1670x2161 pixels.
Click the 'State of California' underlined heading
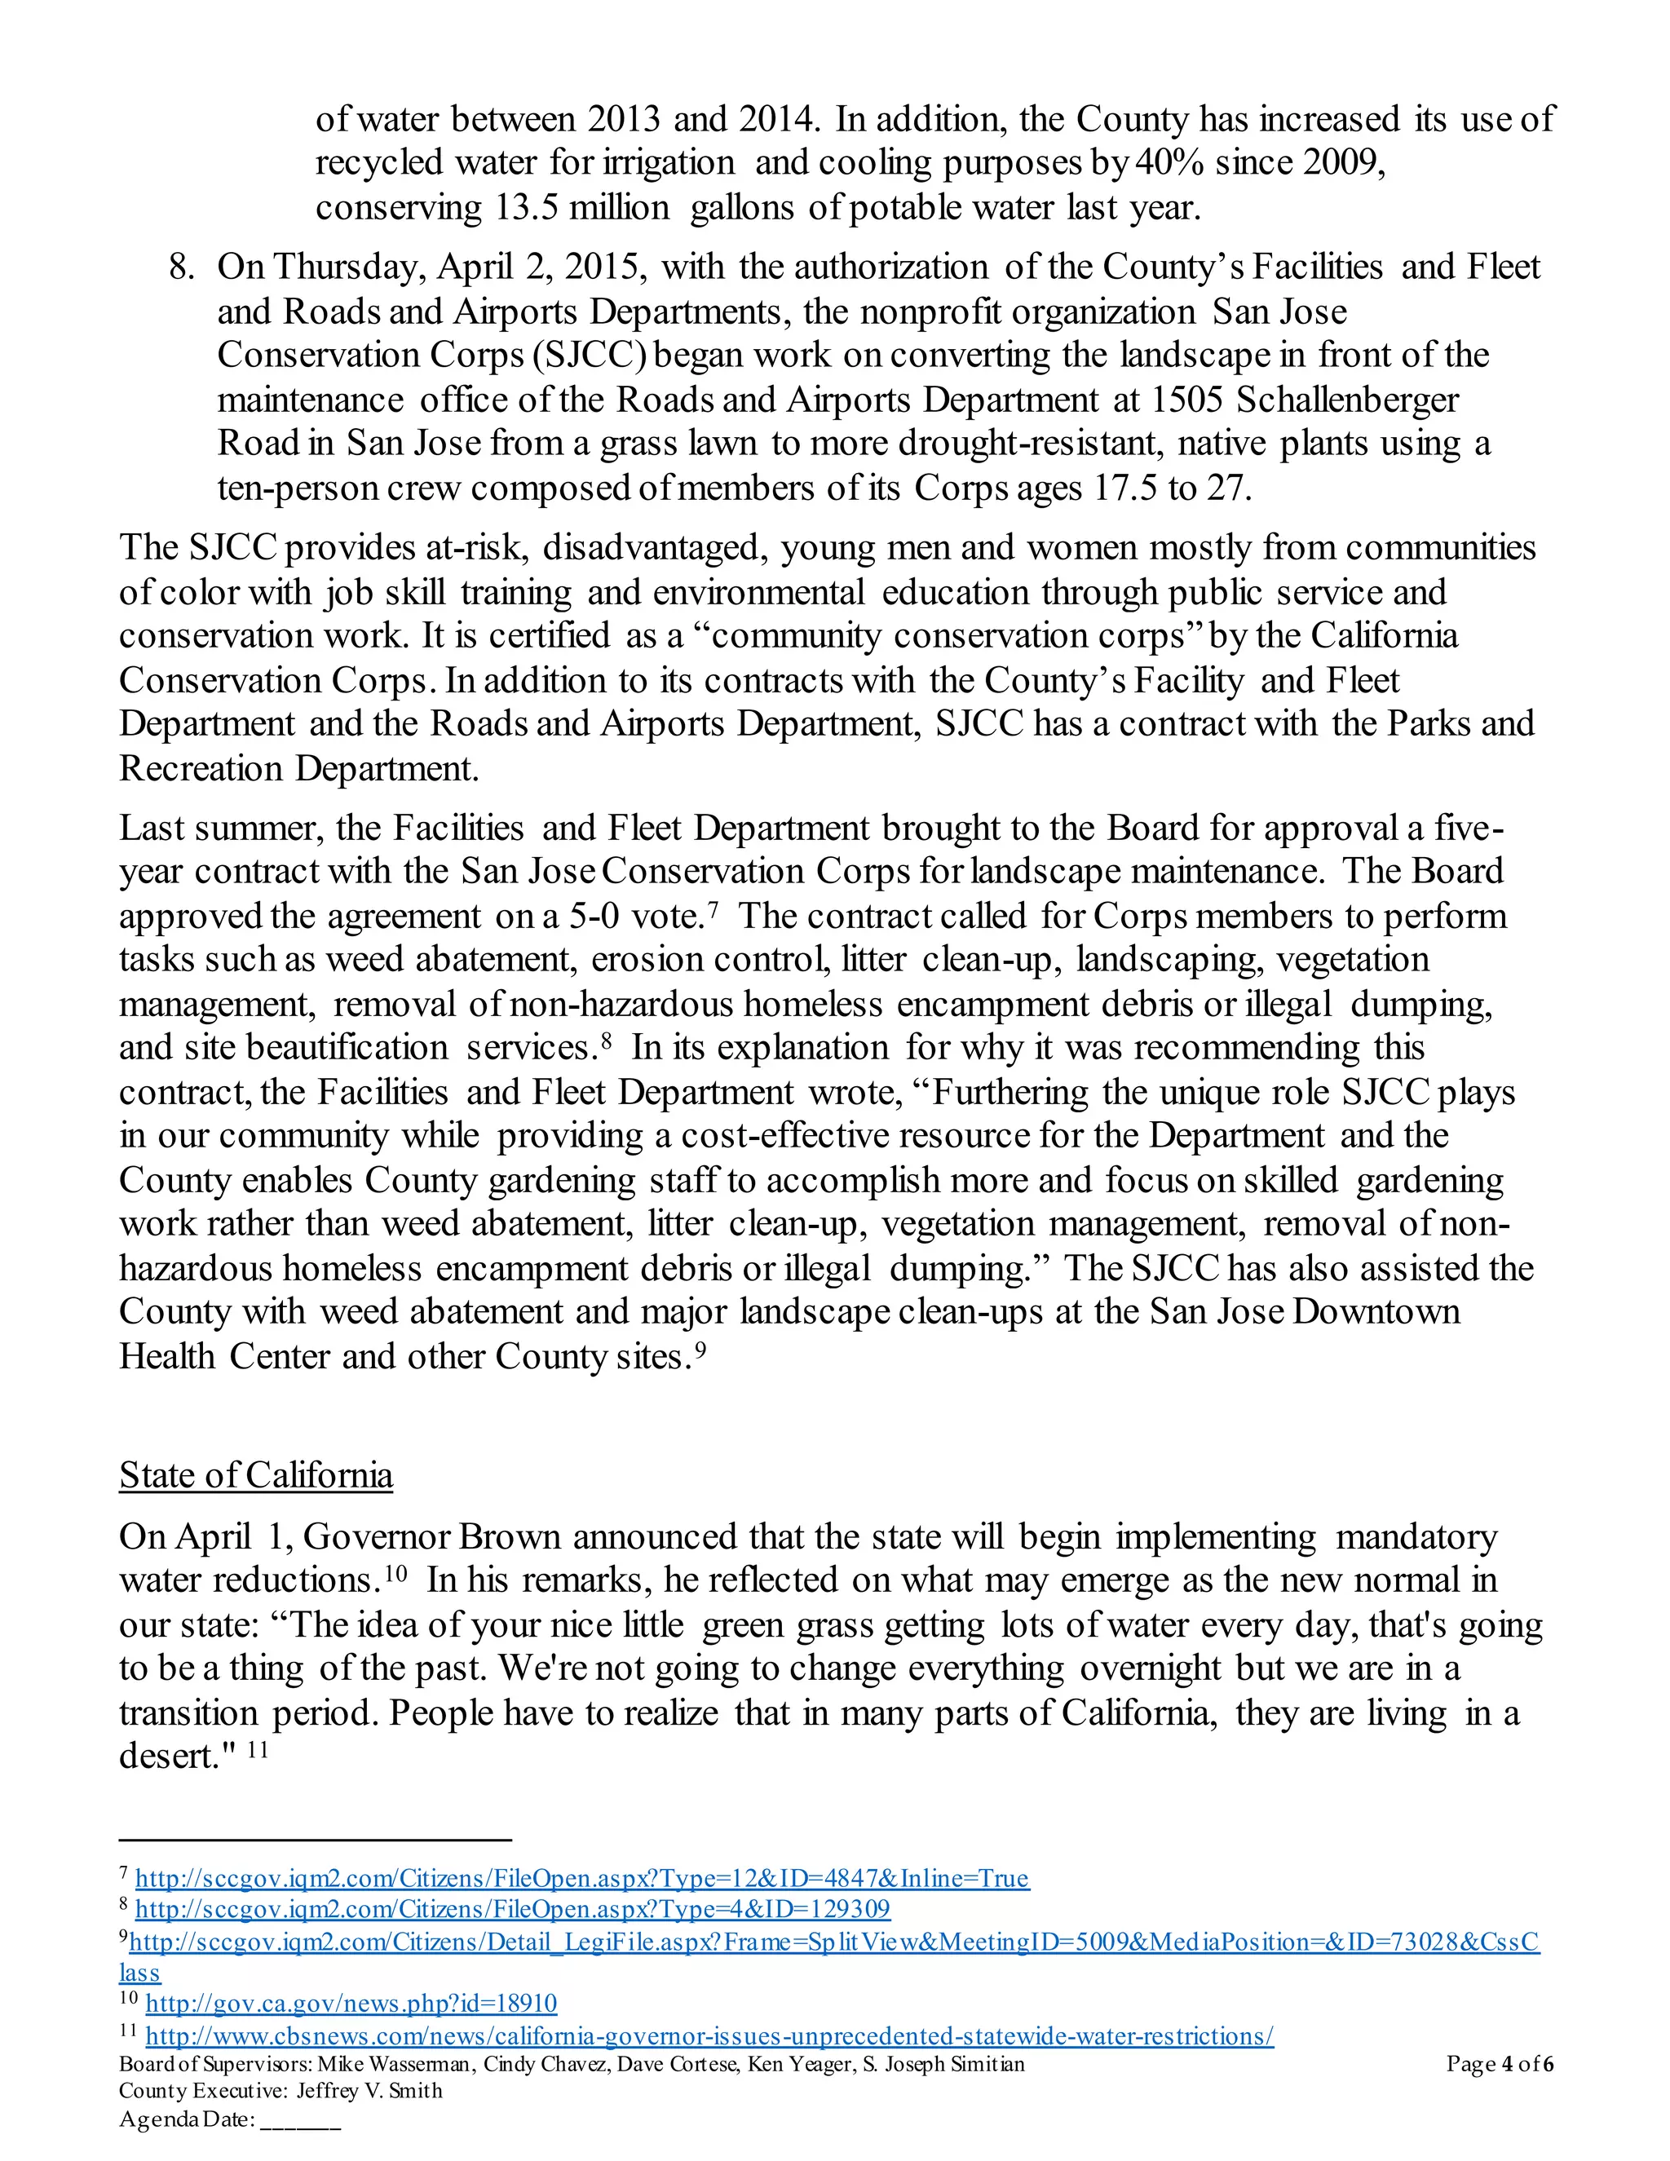click(x=255, y=1475)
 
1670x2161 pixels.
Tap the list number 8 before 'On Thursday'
click(x=181, y=267)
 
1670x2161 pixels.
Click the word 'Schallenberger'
click(x=1347, y=400)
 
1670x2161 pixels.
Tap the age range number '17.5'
click(x=1124, y=488)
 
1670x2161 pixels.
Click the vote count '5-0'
click(x=594, y=917)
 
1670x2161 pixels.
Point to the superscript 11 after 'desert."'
click(x=257, y=1749)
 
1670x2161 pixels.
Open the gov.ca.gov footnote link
click(x=351, y=2004)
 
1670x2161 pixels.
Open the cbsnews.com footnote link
click(x=709, y=2036)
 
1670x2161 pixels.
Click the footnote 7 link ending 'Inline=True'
click(x=581, y=1878)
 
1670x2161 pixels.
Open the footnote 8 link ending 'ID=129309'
click(x=512, y=1909)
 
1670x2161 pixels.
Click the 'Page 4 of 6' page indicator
click(x=1499, y=2064)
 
